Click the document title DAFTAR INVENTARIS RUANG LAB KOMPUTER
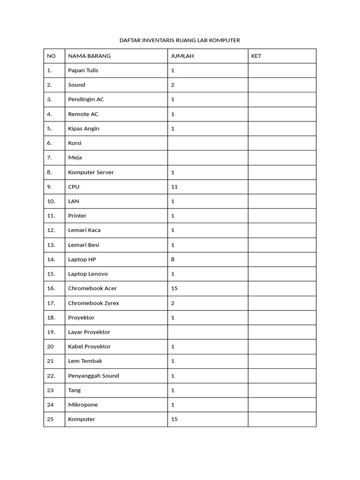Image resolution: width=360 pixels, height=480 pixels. coord(180,40)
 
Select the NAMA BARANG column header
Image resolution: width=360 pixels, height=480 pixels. coord(89,56)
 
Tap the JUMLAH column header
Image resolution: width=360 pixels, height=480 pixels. coord(182,56)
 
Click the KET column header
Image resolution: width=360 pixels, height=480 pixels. coord(256,56)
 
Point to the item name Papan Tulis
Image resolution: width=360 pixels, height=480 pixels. coord(83,70)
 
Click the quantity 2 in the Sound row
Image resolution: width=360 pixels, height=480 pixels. coord(173,85)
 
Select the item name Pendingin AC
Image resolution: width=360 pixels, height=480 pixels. coord(86,99)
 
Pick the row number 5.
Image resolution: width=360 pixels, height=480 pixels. coord(49,128)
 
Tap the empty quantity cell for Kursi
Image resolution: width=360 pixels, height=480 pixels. coord(208,143)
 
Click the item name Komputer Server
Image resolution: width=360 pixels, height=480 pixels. coord(91,172)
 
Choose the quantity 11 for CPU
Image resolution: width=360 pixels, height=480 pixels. coord(174,187)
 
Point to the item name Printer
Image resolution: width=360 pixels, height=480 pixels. coord(77,216)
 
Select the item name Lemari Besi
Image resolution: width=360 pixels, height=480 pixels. coord(83,245)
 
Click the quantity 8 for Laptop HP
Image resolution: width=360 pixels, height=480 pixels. coord(173,259)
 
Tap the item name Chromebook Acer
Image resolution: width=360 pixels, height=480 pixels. coord(92,288)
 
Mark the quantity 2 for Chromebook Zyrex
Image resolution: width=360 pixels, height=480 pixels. coord(173,303)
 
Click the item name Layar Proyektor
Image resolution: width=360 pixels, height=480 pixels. coord(89,332)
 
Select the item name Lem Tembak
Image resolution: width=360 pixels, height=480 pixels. coord(85,361)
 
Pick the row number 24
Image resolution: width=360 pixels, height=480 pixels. coord(50,405)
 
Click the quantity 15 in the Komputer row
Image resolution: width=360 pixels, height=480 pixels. coord(174,419)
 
